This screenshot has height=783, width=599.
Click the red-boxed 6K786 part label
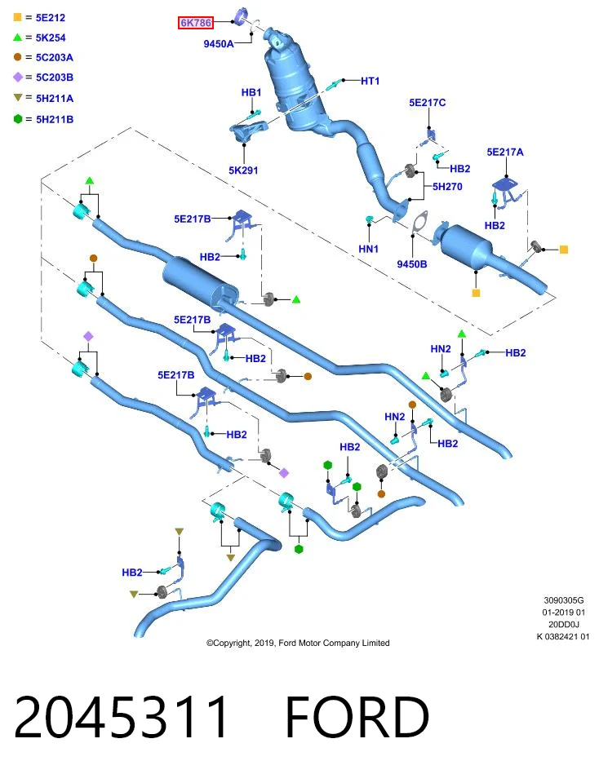[x=195, y=23]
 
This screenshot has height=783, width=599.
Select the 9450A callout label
[x=219, y=44]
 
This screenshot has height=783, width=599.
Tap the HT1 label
[x=370, y=81]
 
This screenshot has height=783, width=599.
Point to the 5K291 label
[x=243, y=170]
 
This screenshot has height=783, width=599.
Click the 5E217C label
[x=427, y=103]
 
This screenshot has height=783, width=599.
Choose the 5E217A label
[x=505, y=152]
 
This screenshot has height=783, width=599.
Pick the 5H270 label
[x=447, y=186]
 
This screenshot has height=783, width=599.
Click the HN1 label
[x=369, y=249]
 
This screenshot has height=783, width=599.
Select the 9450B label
[x=411, y=264]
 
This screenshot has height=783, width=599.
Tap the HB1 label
[x=251, y=92]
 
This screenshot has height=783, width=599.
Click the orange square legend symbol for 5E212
[x=17, y=17]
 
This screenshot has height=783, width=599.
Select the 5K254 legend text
[x=51, y=38]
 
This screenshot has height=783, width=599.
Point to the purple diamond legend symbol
[x=18, y=77]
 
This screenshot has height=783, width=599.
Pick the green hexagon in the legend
[x=18, y=119]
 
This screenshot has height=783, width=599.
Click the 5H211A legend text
[x=55, y=99]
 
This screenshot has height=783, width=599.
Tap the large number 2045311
[x=121, y=718]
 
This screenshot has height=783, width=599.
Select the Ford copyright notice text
[x=298, y=644]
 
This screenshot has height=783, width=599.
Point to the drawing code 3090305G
[x=564, y=600]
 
